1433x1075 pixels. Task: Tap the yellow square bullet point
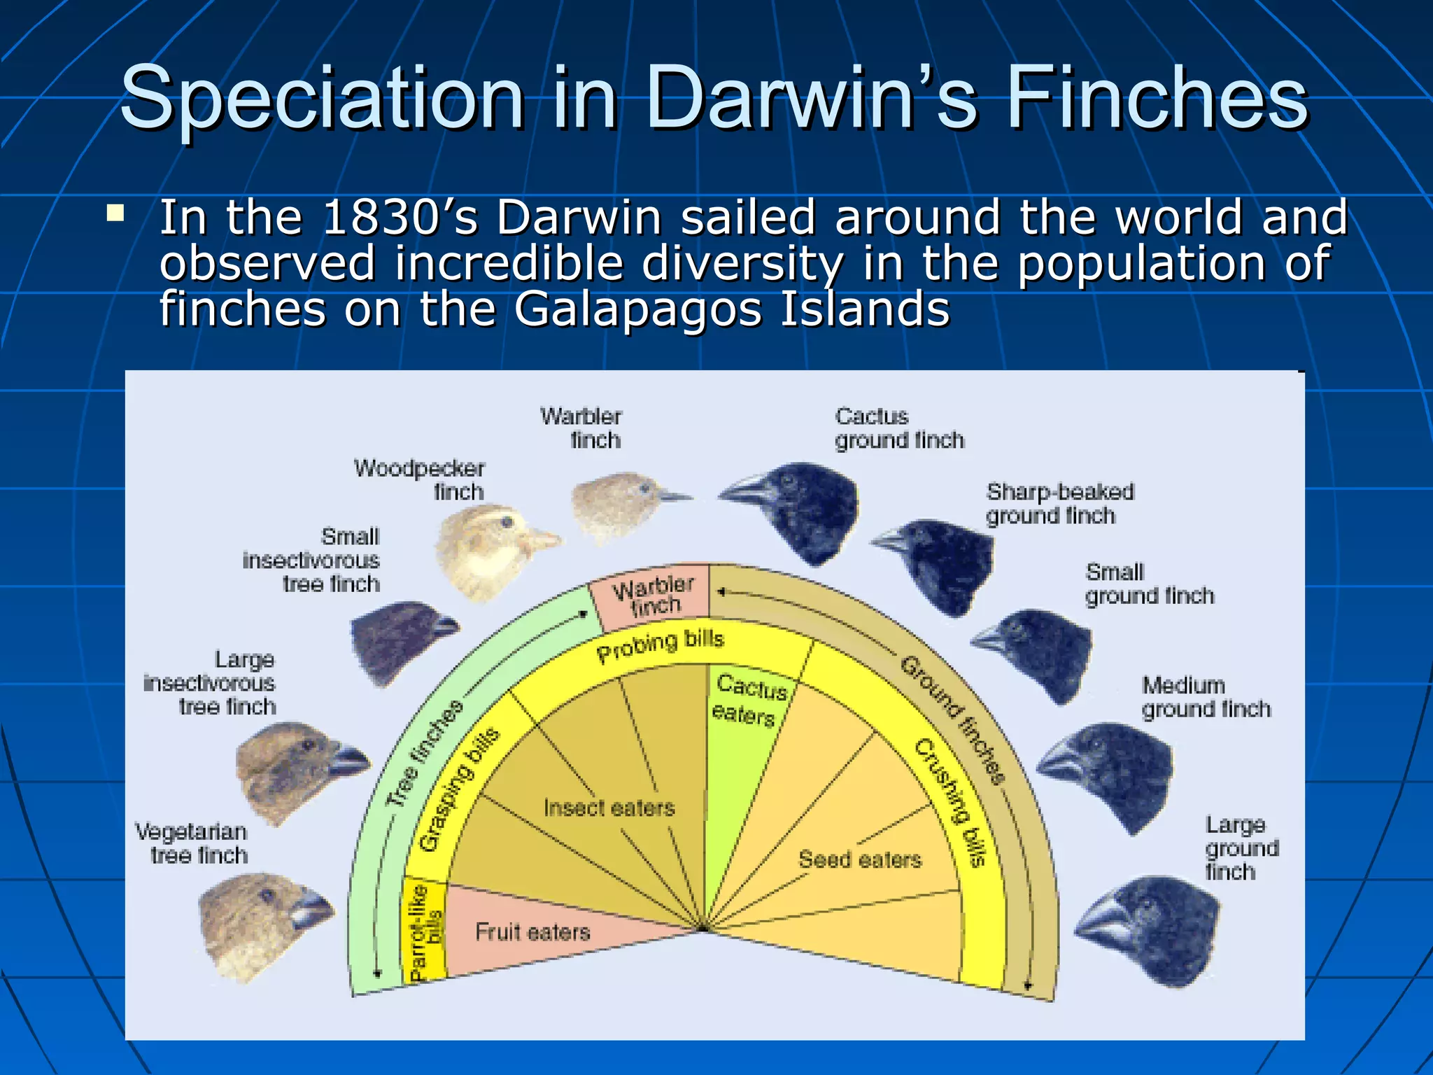pos(115,213)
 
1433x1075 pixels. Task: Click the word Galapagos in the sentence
pos(637,309)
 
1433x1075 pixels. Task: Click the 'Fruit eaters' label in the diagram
pos(532,932)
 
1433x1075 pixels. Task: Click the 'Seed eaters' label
pos(860,859)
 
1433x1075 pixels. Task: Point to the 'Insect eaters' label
pos(609,808)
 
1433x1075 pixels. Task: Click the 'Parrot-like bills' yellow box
pos(425,931)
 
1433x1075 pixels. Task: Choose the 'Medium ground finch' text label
pos(1206,697)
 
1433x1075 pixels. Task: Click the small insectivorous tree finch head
pos(399,640)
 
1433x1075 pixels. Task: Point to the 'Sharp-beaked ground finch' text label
pos(1059,504)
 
